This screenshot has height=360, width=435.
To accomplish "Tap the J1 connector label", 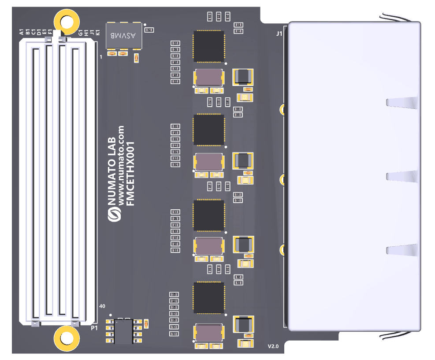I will click(x=279, y=33).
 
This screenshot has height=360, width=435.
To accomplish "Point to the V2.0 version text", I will click(x=273, y=347).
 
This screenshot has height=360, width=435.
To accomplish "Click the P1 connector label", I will click(x=94, y=328).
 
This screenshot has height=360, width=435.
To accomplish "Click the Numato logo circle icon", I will click(x=114, y=215).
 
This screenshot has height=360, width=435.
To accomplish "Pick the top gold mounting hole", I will click(x=66, y=21).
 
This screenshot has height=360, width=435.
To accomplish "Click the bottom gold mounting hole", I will click(x=66, y=338).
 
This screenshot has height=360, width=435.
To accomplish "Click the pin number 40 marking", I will click(x=102, y=306).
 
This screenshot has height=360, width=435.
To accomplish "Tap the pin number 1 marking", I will click(x=101, y=57).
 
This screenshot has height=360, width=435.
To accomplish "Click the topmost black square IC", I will click(x=208, y=46).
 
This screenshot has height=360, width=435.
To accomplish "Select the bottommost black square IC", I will click(x=208, y=298).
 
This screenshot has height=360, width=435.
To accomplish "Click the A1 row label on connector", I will click(x=21, y=32).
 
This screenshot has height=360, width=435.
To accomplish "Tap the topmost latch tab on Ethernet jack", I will click(x=402, y=102).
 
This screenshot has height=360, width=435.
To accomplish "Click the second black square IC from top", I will click(x=208, y=130).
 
